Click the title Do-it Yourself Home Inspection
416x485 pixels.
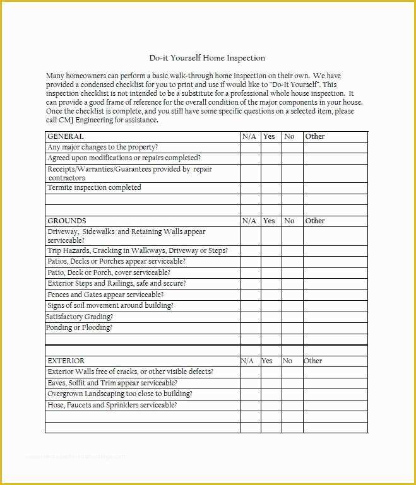tap(207, 58)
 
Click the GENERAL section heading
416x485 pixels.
tap(66, 136)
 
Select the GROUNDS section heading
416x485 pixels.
tap(67, 221)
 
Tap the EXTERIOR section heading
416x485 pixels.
tap(66, 361)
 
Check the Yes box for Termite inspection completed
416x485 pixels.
tap(271, 188)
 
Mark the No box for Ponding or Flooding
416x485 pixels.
tap(292, 328)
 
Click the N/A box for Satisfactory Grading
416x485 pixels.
tap(250, 317)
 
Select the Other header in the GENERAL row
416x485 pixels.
tap(315, 136)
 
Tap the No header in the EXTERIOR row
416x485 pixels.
tap(288, 361)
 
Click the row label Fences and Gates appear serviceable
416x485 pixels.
tap(105, 295)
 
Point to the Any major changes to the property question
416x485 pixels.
tap(103, 147)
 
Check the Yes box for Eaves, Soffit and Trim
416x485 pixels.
tap(271, 383)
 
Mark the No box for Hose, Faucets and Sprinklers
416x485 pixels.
tap(292, 405)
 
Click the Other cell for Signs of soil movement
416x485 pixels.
tap(335, 306)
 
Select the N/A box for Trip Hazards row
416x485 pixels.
tap(250, 250)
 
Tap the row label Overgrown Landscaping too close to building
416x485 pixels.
tap(120, 394)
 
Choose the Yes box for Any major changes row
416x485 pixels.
tap(271, 147)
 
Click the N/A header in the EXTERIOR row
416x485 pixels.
tap(247, 361)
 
